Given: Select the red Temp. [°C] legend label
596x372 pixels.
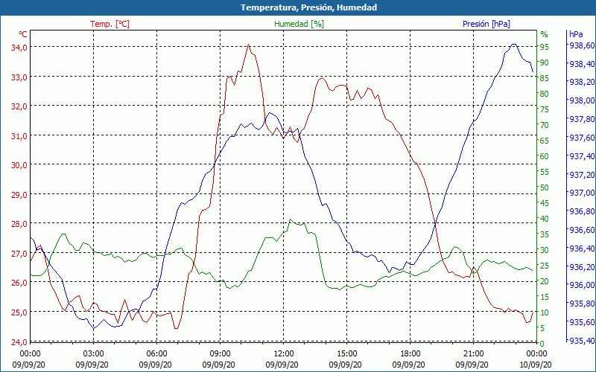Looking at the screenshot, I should (x=110, y=24).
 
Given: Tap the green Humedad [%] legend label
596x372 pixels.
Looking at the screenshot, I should (x=299, y=24).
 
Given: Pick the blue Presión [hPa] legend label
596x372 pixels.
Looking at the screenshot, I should (x=486, y=24).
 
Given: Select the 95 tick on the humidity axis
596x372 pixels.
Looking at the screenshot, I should (x=545, y=47).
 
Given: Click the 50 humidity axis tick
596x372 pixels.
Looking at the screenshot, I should (x=545, y=187).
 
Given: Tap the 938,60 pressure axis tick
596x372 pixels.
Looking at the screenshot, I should (x=581, y=45).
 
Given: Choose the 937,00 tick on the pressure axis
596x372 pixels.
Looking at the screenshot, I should (x=581, y=193).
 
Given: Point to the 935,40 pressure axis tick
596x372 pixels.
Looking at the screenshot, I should (x=581, y=341).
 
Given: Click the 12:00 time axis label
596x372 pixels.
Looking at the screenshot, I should (x=284, y=353).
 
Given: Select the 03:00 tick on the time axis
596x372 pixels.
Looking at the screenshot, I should (x=93, y=353).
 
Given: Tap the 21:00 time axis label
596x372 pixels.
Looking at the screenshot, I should (x=474, y=353).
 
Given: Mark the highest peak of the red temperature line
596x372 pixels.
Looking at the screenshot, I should (x=249, y=45).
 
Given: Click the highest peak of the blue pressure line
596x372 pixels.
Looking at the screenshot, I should (x=513, y=45).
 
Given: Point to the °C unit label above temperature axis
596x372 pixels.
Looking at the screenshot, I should (x=23, y=34).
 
